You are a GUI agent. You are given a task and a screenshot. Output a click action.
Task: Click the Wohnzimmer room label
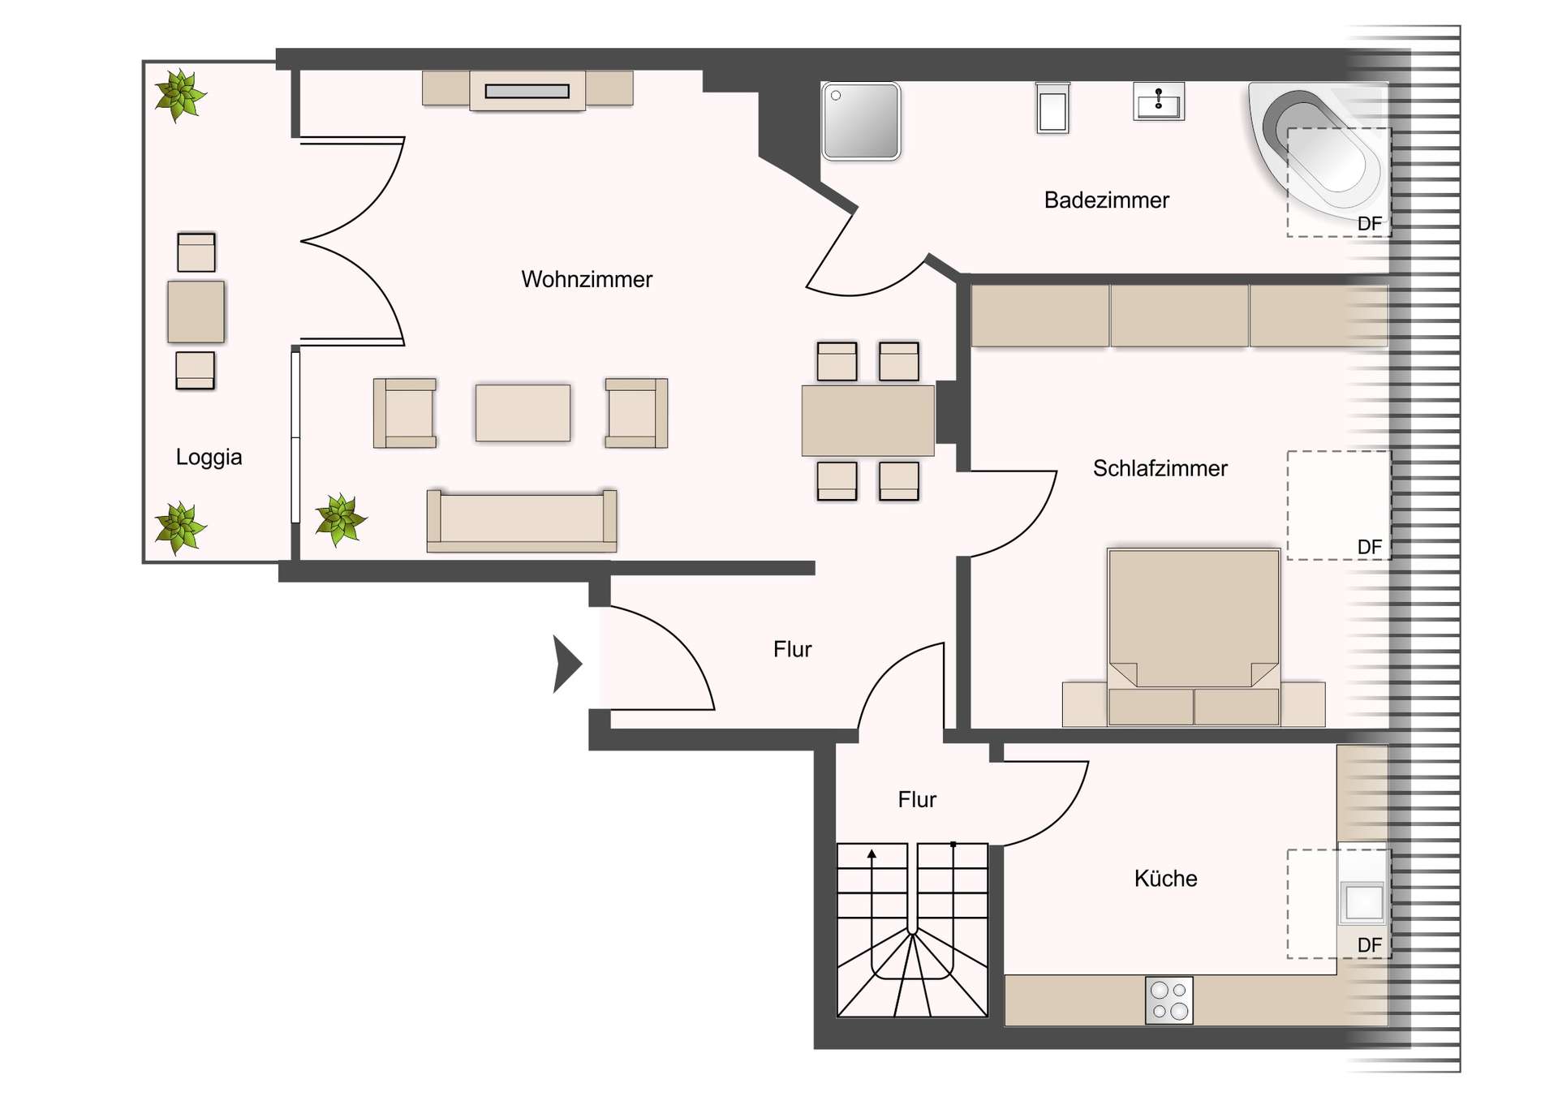tap(586, 279)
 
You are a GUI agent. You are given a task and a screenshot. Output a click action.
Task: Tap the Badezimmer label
tap(1106, 200)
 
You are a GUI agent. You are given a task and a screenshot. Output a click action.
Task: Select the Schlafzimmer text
tap(1160, 468)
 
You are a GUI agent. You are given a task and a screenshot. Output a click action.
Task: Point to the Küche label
tap(1165, 879)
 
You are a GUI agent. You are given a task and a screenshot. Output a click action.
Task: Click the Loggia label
tap(209, 457)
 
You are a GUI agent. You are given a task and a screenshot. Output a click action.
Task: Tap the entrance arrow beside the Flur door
tap(566, 664)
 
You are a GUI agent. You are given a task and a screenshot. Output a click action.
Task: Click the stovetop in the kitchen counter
tap(1169, 1000)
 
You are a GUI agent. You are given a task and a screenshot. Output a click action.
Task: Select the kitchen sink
tap(1363, 901)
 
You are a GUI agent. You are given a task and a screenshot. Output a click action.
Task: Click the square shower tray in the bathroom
tap(861, 121)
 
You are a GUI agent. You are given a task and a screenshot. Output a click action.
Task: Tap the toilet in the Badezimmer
tap(1052, 109)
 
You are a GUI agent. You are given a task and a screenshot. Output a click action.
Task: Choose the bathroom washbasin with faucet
tap(1158, 102)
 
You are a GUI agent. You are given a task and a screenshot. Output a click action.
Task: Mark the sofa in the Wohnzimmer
tap(521, 520)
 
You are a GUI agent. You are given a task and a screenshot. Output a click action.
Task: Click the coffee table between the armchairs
tap(523, 413)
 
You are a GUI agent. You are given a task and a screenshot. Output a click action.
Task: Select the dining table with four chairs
tap(867, 420)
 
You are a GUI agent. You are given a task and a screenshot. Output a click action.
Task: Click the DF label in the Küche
tap(1369, 945)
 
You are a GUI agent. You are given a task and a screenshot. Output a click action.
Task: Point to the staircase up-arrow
tap(872, 854)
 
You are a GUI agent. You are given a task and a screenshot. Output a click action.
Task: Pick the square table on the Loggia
tap(196, 312)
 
